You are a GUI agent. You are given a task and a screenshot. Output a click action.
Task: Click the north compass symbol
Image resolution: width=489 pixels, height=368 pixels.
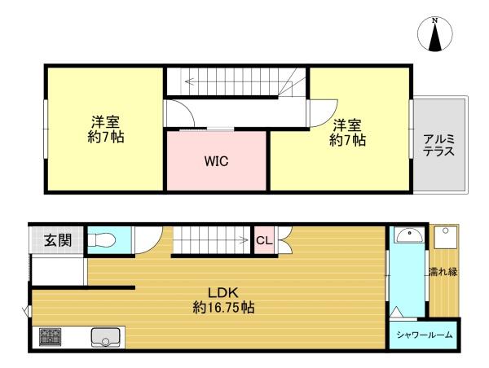click(434, 34)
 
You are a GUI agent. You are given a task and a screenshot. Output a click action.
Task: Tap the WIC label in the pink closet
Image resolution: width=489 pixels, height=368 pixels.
click(217, 161)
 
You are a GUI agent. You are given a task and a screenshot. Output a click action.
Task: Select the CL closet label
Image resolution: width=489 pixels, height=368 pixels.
click(264, 240)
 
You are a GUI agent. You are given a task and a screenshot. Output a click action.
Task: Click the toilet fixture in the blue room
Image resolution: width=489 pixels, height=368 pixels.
click(102, 240)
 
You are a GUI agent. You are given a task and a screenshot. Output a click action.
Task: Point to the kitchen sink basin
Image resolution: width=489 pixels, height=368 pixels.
click(105, 337)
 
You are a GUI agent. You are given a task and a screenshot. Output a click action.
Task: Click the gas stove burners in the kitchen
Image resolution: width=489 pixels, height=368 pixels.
click(50, 337)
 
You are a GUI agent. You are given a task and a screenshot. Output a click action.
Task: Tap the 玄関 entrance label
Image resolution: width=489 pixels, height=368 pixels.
click(58, 240)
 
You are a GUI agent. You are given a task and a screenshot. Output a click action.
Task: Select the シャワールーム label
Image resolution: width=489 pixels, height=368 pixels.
click(425, 335)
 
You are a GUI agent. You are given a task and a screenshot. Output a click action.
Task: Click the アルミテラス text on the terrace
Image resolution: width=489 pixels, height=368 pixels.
click(438, 145)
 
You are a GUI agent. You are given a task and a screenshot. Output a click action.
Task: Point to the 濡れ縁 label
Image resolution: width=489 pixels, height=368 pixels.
click(443, 272)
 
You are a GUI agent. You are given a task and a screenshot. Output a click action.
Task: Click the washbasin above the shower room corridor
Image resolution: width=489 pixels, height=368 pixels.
click(408, 235)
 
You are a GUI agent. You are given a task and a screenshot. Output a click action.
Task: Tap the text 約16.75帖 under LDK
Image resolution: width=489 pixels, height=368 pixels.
click(223, 308)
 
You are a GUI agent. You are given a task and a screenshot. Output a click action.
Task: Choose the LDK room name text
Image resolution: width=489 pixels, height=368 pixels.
click(223, 293)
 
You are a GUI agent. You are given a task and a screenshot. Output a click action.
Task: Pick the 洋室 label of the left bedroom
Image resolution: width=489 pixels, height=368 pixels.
click(105, 122)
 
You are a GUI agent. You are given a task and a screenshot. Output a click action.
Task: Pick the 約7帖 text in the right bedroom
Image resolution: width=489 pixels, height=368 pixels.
click(347, 141)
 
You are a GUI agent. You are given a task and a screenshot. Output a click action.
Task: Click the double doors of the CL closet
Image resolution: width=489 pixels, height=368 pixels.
click(284, 240)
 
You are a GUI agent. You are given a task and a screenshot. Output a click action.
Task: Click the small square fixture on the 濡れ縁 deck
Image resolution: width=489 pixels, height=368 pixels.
click(445, 237)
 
